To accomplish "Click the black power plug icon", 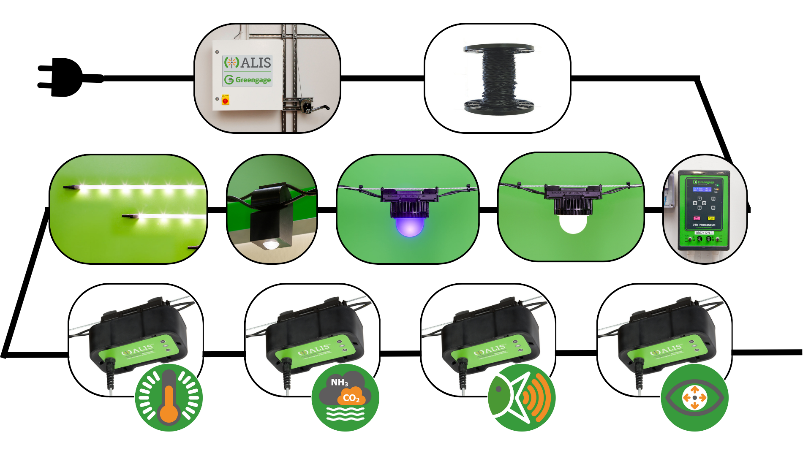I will pos(63,78).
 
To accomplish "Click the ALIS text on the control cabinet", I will pos(255,62).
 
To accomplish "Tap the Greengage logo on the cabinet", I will pos(248,80).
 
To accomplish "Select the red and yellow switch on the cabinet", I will pos(225,100).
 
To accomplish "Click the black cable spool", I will pos(498,79).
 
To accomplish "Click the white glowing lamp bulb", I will pos(573,223).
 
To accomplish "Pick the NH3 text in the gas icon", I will pos(339,383).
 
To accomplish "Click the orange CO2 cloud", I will pos(351,397).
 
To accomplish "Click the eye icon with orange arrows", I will pos(694,398).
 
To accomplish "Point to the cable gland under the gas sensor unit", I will pos(287,374).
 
